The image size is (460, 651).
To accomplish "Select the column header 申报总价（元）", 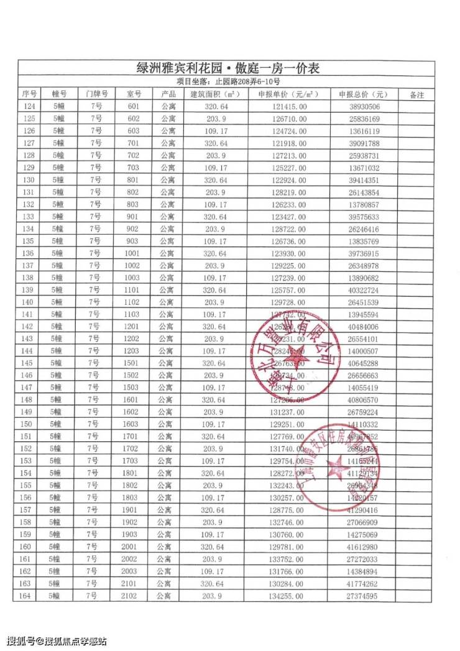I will [363, 95].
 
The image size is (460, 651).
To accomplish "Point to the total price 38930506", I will [364, 106].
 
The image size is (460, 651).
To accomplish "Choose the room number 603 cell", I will [134, 131].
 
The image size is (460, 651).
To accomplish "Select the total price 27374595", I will [364, 596].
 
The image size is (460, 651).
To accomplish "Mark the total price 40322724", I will [364, 290].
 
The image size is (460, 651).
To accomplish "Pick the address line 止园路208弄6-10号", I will [228, 82].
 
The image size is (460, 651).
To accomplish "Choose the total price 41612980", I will [364, 546].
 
